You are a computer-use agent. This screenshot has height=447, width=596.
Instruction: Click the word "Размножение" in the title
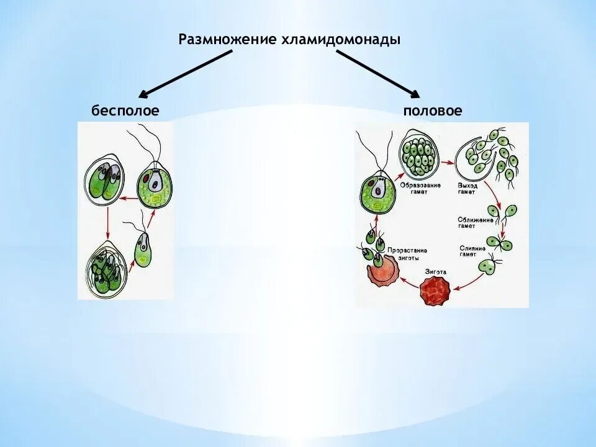click(x=227, y=40)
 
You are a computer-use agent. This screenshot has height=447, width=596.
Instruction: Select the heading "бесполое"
click(x=125, y=111)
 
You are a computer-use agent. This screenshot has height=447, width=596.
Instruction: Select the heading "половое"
click(x=433, y=111)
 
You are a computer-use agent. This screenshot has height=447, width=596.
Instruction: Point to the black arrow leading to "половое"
click(x=379, y=74)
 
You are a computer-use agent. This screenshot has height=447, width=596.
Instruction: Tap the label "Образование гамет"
click(x=425, y=188)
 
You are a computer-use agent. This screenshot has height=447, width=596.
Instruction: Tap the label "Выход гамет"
click(x=466, y=188)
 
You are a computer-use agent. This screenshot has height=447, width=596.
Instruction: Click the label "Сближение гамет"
click(x=476, y=223)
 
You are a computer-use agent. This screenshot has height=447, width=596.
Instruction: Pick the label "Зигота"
click(x=436, y=272)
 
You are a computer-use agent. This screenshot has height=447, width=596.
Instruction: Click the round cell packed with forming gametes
click(x=421, y=156)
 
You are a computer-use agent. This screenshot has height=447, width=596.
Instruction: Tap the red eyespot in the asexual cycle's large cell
click(x=145, y=178)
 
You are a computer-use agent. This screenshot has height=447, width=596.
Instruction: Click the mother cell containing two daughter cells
click(x=105, y=180)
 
